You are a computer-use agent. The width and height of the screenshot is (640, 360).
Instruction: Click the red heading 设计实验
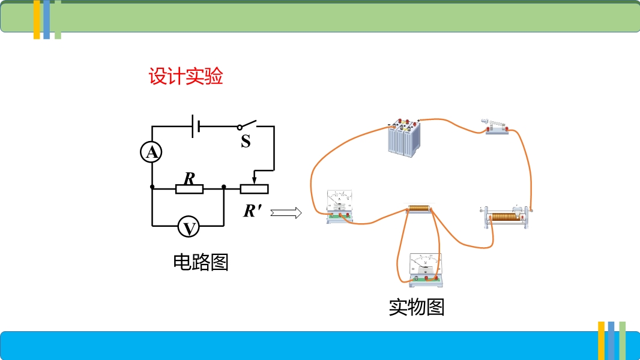(186, 77)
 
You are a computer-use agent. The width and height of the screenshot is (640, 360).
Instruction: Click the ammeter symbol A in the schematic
(152, 152)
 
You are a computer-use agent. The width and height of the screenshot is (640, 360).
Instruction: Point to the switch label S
(246, 142)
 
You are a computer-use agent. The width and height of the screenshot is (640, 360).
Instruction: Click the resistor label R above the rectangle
(189, 178)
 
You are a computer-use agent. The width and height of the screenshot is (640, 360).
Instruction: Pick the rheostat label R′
(253, 211)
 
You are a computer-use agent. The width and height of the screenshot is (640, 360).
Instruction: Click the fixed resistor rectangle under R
(190, 190)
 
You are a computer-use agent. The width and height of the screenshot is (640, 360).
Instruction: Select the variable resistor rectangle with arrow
(254, 188)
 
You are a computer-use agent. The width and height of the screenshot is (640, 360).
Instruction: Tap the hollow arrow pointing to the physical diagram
(285, 212)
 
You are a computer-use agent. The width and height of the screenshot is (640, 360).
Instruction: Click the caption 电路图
(201, 262)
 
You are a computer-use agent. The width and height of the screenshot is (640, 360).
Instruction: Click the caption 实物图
(416, 307)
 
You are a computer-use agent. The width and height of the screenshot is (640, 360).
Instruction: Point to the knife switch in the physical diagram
(497, 127)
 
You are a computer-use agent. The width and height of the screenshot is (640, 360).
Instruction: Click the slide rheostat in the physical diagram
(506, 217)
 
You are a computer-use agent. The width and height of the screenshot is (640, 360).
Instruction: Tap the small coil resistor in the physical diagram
(419, 209)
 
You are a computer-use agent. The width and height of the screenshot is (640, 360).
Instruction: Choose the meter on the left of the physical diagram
(340, 206)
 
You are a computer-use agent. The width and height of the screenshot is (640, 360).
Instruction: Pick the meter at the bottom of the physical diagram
(424, 268)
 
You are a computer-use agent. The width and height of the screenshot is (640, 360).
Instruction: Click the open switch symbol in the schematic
(247, 125)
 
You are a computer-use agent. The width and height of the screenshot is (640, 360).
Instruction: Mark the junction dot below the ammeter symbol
(152, 187)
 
